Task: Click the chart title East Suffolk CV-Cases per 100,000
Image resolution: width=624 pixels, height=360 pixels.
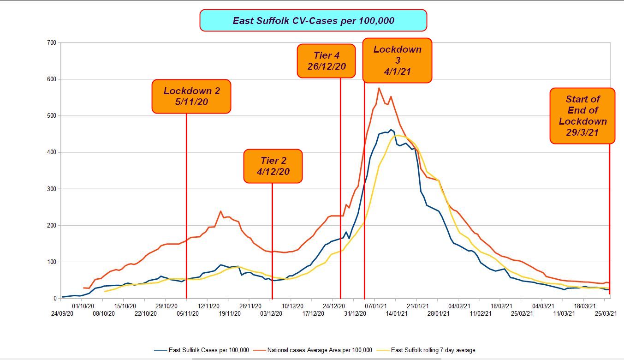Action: pos(313,21)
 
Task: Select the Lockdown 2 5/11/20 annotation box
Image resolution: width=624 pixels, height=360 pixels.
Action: pos(191,96)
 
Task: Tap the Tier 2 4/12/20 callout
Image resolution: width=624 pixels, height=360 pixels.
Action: pos(273,166)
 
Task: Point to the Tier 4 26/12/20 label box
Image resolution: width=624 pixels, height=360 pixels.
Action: pos(327,61)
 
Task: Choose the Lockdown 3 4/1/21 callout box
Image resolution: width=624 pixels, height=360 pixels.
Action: pos(397,60)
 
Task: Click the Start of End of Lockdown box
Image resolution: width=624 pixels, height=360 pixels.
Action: pos(582,116)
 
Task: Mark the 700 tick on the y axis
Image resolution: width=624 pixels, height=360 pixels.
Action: pos(51,43)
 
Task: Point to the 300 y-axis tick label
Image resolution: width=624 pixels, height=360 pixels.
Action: pos(51,189)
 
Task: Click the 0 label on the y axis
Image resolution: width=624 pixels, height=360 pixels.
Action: pos(54,299)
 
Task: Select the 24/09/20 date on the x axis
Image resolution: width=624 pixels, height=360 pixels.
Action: pos(62,314)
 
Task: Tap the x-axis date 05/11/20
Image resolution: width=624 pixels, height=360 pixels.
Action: pos(188,314)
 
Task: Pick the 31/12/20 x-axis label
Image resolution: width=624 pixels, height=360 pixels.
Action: pos(355,314)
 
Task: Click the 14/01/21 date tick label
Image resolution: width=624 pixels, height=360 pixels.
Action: pos(397,314)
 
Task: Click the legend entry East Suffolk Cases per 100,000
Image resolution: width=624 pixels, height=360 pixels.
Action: pos(208,350)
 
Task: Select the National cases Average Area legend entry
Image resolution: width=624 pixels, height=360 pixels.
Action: pos(319,350)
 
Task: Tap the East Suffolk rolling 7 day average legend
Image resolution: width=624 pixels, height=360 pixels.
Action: pos(433,350)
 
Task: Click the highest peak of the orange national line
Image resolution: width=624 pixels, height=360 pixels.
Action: pos(379,88)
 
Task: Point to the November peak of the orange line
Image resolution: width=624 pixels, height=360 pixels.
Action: pos(220,211)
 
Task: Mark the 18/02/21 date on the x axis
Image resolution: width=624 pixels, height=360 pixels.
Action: pos(501,306)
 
